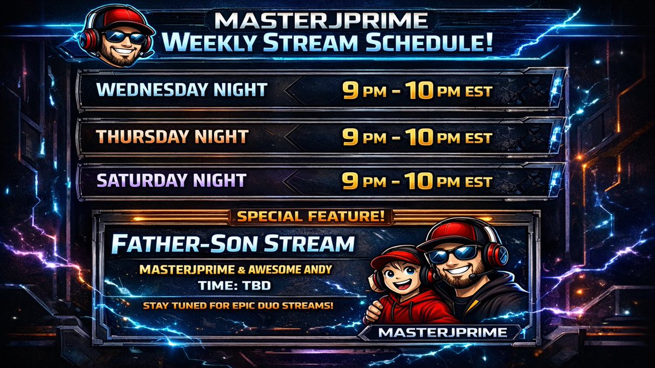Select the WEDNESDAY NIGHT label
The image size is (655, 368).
click(x=181, y=90)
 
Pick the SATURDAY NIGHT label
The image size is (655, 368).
click(x=171, y=180)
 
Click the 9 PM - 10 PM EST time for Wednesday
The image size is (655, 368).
click(x=417, y=91)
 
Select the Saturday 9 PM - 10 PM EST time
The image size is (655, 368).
click(x=417, y=181)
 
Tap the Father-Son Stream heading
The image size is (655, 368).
click(x=233, y=245)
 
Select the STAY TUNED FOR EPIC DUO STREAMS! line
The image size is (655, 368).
click(x=238, y=305)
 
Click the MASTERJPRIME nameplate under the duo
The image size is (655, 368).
click(x=442, y=332)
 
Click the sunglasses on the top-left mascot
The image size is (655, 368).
click(x=124, y=37)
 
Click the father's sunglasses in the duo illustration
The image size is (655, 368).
click(x=454, y=254)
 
